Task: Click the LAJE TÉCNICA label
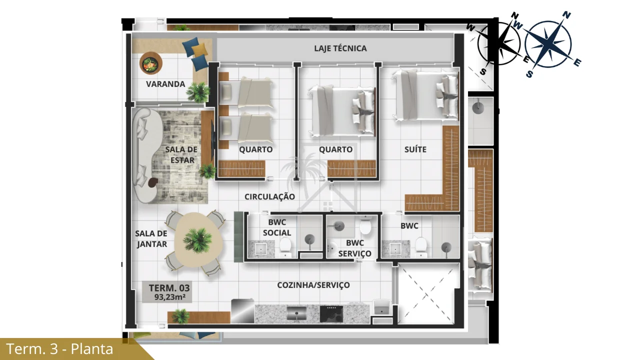pos(340,48)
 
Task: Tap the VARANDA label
pos(165,84)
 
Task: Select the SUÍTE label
pos(415,149)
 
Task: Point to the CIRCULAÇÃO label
pos(269,196)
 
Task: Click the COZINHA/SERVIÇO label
pos(313,285)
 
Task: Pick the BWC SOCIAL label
pos(277,227)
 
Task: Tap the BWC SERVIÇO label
pos(355,248)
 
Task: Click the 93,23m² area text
pos(169,297)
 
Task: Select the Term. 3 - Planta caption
pos(59,349)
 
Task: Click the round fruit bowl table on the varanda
pos(151,63)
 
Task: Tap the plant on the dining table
pos(197,240)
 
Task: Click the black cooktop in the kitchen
pos(331,313)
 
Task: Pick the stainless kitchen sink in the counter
pos(296,313)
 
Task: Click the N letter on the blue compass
pos(566,15)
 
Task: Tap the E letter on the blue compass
pos(577,62)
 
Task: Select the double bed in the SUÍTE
pos(425,95)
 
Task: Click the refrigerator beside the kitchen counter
pos(242,311)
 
